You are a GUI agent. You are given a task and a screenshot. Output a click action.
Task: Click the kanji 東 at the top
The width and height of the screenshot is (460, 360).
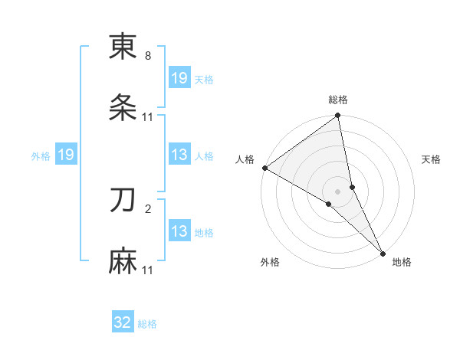[x=123, y=47]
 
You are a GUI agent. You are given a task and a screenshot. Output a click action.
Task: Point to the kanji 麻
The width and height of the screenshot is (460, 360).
[x=123, y=263]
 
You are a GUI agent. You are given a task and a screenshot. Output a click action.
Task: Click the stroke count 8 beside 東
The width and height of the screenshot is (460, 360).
[x=148, y=56]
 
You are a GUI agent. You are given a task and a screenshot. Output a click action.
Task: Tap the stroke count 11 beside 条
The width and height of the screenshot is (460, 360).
[x=148, y=117]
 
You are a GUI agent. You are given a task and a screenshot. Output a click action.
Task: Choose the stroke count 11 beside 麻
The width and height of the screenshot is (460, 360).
[x=148, y=270]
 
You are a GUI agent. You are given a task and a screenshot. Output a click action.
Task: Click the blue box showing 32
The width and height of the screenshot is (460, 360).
[x=123, y=322]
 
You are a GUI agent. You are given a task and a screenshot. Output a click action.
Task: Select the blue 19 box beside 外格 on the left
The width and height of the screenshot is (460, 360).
[x=66, y=155]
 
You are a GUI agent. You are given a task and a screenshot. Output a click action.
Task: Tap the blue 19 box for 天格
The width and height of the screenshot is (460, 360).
[x=179, y=78]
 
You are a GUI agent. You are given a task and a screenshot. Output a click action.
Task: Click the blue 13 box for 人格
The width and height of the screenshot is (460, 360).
[x=179, y=155]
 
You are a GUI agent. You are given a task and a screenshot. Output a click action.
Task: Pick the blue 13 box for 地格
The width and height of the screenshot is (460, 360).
[x=179, y=231]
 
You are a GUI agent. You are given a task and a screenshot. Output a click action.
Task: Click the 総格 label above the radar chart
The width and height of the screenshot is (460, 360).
[x=338, y=100]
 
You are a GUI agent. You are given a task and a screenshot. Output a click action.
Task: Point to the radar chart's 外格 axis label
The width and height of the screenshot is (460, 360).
[x=270, y=262]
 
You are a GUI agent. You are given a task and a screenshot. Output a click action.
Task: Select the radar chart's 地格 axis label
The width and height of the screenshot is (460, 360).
[x=402, y=262]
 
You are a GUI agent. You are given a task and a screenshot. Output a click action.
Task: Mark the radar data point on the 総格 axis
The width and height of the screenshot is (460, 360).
[x=338, y=116]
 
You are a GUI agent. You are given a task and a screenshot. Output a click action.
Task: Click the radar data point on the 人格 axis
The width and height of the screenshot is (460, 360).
[x=264, y=168]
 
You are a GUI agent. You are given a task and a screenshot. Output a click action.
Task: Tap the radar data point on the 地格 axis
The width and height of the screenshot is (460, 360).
[x=383, y=253]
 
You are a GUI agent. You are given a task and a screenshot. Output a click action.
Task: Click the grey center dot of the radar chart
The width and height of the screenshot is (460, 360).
[x=338, y=191]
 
